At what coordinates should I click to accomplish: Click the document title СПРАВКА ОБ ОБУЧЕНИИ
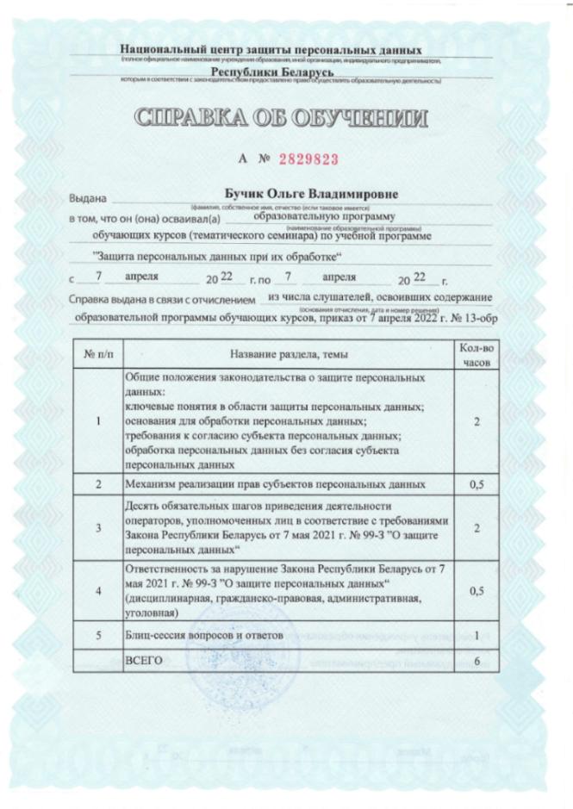click(286, 118)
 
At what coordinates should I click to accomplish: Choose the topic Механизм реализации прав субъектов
click(276, 485)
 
